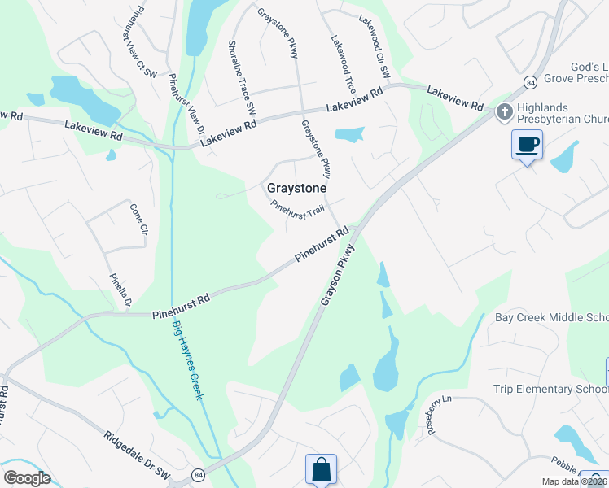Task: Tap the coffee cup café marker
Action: (x=528, y=145)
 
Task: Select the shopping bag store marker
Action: (x=321, y=469)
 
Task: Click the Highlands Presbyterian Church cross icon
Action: (x=504, y=111)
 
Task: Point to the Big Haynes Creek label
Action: (x=188, y=360)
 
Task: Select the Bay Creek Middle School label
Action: (x=551, y=317)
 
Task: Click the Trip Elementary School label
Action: (x=550, y=389)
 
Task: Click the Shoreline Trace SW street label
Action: (x=242, y=77)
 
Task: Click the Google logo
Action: (x=28, y=477)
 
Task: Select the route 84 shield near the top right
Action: (x=530, y=83)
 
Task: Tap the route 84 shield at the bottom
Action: (x=198, y=473)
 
